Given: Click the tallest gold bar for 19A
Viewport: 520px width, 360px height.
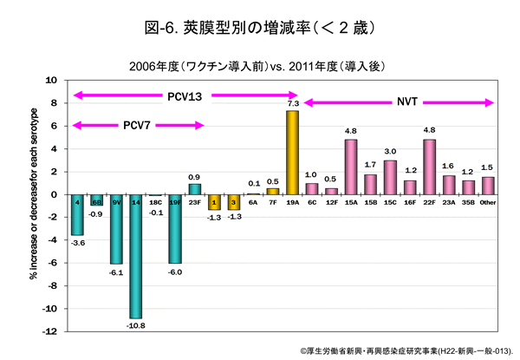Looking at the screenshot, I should [292, 153].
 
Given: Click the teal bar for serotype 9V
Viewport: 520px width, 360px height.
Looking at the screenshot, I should [116, 229].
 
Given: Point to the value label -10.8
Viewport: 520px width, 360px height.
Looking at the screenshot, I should [136, 325].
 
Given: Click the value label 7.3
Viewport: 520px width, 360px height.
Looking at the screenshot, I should [293, 103].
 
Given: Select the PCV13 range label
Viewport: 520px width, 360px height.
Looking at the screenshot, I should [185, 95].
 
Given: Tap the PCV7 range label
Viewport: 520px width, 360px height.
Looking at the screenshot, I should [135, 126].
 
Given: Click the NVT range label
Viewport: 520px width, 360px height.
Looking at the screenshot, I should [407, 102].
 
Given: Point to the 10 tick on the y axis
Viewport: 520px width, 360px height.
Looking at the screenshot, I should [51, 80].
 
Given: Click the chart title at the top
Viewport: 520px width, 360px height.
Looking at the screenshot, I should [260, 28].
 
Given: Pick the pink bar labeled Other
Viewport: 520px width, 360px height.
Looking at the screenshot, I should [488, 186].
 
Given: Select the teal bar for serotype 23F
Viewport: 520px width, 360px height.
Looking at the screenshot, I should [195, 189].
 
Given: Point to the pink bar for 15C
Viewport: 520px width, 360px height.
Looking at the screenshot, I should [390, 177].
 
